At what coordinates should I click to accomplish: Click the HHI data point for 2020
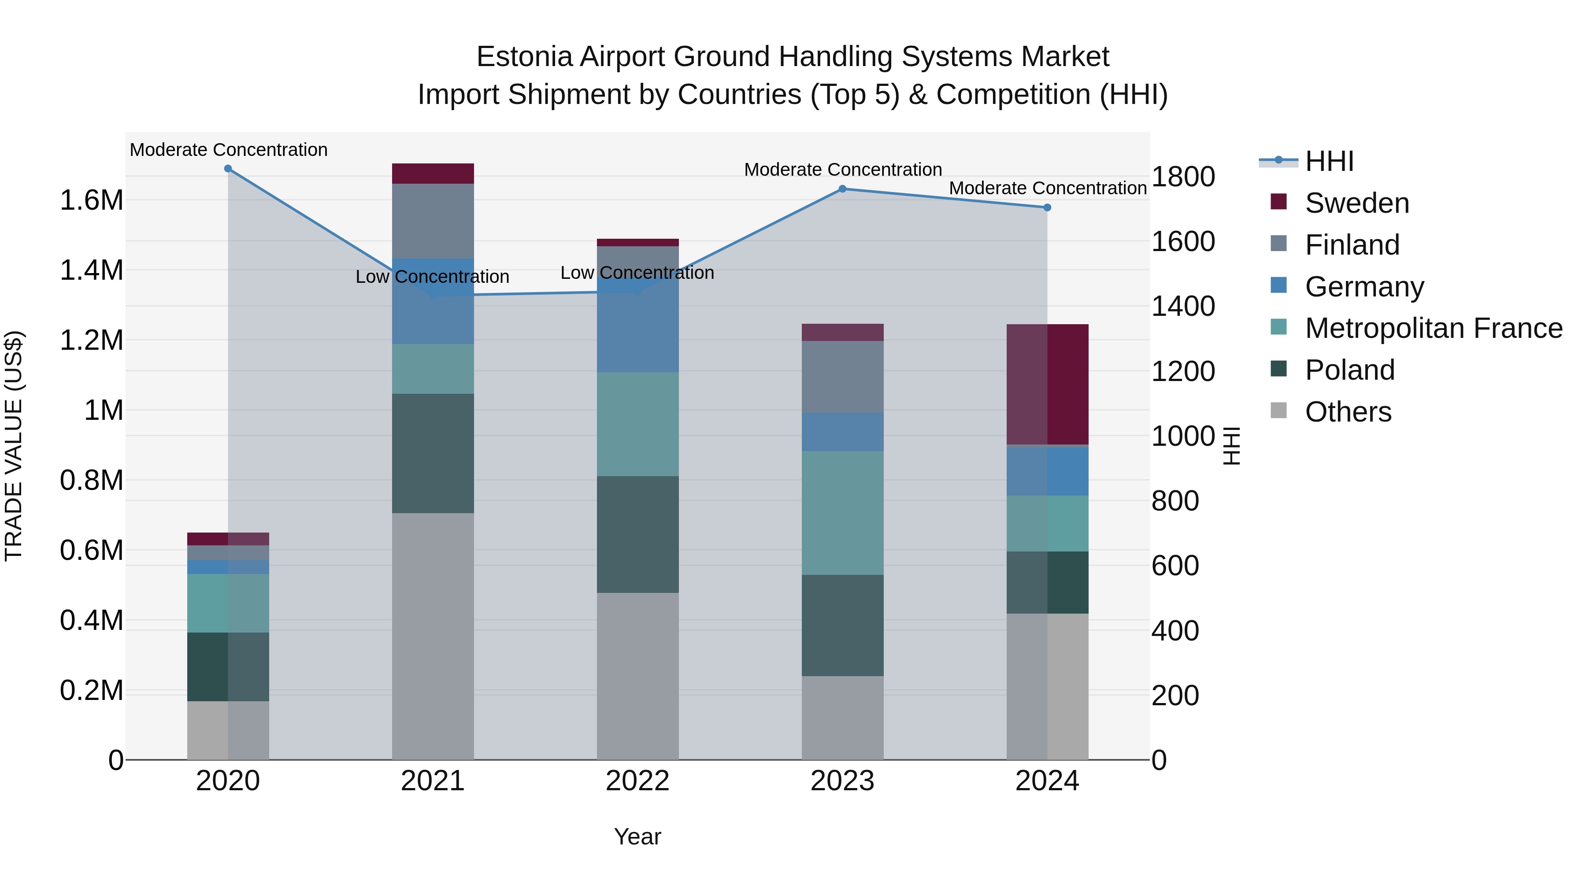228,169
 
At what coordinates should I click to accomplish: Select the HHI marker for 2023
843,189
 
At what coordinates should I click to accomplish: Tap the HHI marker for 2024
1047,207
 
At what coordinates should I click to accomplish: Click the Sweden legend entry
1356,203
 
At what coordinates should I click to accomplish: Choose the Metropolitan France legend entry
1433,328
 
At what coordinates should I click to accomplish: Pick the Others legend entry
1348,412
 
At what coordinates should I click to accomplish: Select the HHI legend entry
1329,161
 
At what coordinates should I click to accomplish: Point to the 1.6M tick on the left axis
91,201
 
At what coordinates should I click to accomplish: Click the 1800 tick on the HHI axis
1183,177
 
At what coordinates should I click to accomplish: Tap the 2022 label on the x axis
637,781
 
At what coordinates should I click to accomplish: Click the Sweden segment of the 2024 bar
1047,384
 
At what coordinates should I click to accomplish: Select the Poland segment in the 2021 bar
433,453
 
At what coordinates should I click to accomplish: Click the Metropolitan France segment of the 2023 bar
842,513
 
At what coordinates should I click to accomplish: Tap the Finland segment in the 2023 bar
842,377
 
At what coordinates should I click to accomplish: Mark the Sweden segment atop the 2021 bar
433,174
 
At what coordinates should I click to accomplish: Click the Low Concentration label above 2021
432,277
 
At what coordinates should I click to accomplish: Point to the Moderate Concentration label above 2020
228,150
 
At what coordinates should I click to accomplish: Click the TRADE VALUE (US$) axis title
14,446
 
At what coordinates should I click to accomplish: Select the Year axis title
637,836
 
